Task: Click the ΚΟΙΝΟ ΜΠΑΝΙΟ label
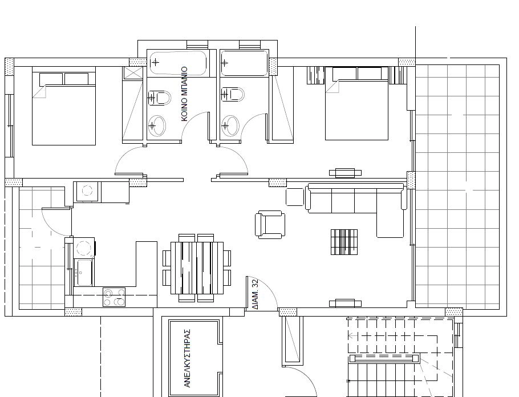click(x=185, y=94)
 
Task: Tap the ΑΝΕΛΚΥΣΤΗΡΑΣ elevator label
click(x=187, y=358)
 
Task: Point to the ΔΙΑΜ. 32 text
click(x=255, y=294)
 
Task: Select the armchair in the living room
click(x=270, y=225)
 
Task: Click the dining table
click(x=197, y=268)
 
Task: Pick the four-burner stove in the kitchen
click(x=114, y=297)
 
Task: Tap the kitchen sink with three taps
click(x=83, y=272)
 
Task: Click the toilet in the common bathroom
click(x=159, y=98)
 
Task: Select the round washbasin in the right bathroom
click(x=230, y=125)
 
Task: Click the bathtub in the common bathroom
click(x=178, y=63)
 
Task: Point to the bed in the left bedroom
click(x=64, y=106)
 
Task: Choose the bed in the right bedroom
click(x=357, y=104)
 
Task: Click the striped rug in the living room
click(x=344, y=242)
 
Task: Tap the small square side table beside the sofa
click(x=295, y=197)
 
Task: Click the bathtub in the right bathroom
click(x=244, y=63)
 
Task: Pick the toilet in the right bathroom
click(x=233, y=94)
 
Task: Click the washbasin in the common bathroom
click(x=157, y=125)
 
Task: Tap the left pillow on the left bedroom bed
click(x=51, y=79)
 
